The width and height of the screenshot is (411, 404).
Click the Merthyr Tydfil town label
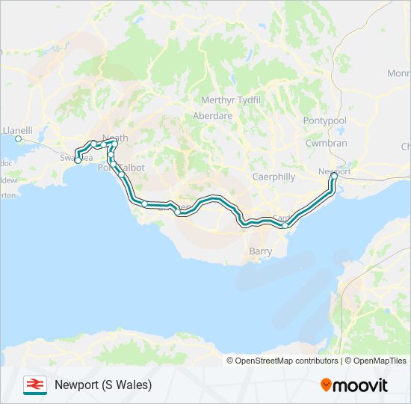point(229,101)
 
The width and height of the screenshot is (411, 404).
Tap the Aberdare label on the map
point(213,116)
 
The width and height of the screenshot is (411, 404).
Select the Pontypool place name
point(325,120)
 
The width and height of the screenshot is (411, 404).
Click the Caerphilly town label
point(274,177)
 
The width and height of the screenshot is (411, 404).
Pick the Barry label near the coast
point(260,252)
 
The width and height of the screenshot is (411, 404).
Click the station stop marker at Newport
point(335,177)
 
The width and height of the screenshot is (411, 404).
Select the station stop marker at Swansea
point(78,160)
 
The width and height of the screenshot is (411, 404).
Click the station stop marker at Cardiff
point(285,225)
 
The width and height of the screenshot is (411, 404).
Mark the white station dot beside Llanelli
point(19,138)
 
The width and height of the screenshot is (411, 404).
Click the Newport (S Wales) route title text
point(103,385)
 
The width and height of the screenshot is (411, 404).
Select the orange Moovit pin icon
point(327,385)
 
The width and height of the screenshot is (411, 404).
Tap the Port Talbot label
point(121,168)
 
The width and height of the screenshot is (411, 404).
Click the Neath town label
point(115,138)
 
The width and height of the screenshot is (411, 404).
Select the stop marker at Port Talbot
point(120,175)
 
